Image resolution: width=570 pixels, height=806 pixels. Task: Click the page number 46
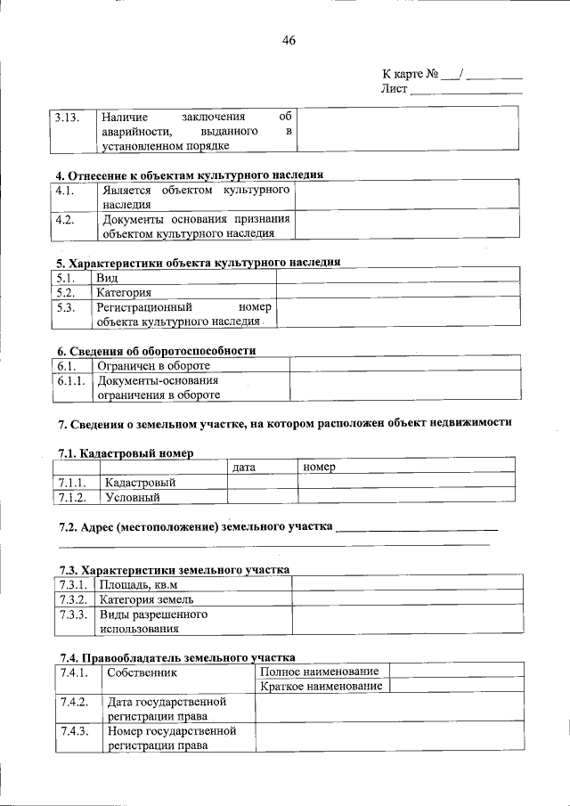pyautogui.click(x=288, y=40)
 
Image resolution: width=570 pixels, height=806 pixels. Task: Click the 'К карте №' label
pyautogui.click(x=409, y=73)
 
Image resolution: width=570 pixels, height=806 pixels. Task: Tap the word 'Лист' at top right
pyautogui.click(x=394, y=89)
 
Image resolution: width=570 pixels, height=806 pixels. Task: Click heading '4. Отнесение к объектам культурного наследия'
pyautogui.click(x=189, y=175)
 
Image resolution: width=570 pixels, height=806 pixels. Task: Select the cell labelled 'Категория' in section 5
pyautogui.click(x=124, y=292)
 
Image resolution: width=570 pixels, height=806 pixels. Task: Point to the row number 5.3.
pyautogui.click(x=64, y=307)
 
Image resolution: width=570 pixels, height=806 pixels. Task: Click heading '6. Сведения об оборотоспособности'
pyautogui.click(x=157, y=351)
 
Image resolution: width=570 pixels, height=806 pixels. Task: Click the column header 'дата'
pyautogui.click(x=244, y=467)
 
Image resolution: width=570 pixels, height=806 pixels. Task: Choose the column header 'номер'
pyautogui.click(x=318, y=467)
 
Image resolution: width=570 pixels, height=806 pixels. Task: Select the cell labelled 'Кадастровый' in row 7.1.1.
pyautogui.click(x=140, y=482)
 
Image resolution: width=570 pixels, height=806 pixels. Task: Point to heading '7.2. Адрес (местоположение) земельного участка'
pyautogui.click(x=196, y=526)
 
